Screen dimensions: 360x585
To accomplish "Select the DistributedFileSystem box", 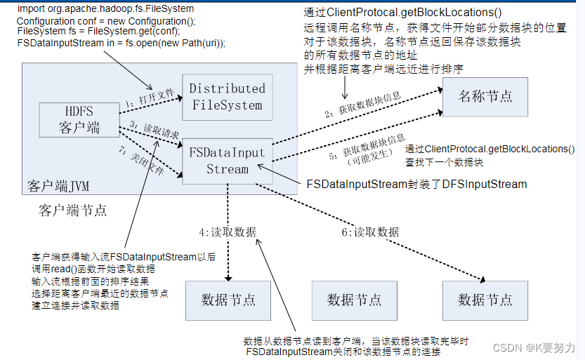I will point(227,97).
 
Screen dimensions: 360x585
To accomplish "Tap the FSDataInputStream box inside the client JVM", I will point(227,160).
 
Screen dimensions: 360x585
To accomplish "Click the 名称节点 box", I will point(485,95).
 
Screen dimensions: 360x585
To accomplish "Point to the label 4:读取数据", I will point(228,232).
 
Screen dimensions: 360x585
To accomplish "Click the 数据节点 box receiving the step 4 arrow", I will point(228,300).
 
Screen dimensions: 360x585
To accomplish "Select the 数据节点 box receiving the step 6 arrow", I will point(485,300).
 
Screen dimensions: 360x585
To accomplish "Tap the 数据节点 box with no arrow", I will point(354,300).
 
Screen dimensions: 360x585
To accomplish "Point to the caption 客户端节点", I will point(73,211).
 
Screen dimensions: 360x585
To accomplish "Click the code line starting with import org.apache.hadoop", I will point(105,9).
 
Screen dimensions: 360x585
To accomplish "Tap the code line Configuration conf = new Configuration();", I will point(106,22).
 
